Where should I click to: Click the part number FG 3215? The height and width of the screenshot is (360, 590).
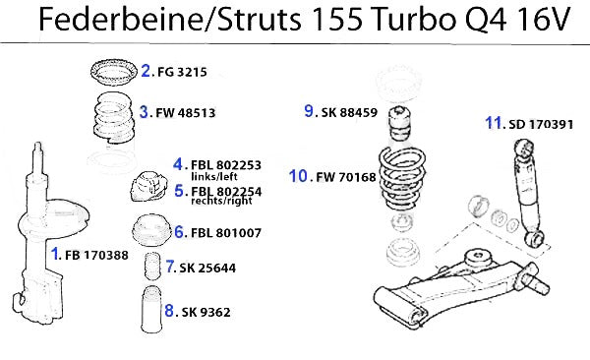coord(182,72)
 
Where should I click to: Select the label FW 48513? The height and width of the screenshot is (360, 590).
coord(186,112)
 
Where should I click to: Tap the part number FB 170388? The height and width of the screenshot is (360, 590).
coord(96,255)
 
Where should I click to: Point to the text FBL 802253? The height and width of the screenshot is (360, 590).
coord(226,165)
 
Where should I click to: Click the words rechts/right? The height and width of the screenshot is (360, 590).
coord(221,201)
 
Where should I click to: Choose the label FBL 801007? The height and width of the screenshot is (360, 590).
coord(226,233)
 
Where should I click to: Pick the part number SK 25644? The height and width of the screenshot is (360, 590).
coord(207,268)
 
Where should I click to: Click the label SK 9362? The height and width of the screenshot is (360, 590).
coord(206,312)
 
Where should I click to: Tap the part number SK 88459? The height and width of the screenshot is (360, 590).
coord(349,112)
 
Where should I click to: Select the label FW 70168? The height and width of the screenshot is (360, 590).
coord(346,177)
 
